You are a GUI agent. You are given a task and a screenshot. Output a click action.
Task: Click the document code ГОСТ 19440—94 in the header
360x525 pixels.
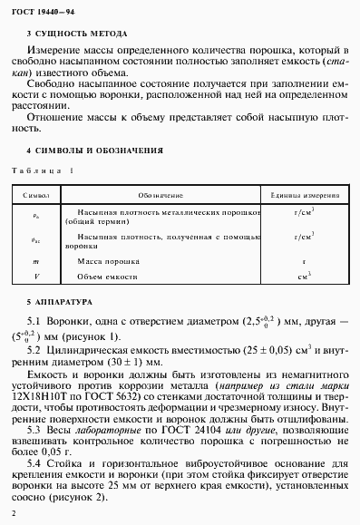tap(43, 10)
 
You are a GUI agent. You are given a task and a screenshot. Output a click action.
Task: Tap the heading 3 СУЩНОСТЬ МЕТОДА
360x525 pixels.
tap(78, 32)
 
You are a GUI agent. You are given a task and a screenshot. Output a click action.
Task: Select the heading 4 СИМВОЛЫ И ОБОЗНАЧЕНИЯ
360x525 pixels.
tap(96, 150)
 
